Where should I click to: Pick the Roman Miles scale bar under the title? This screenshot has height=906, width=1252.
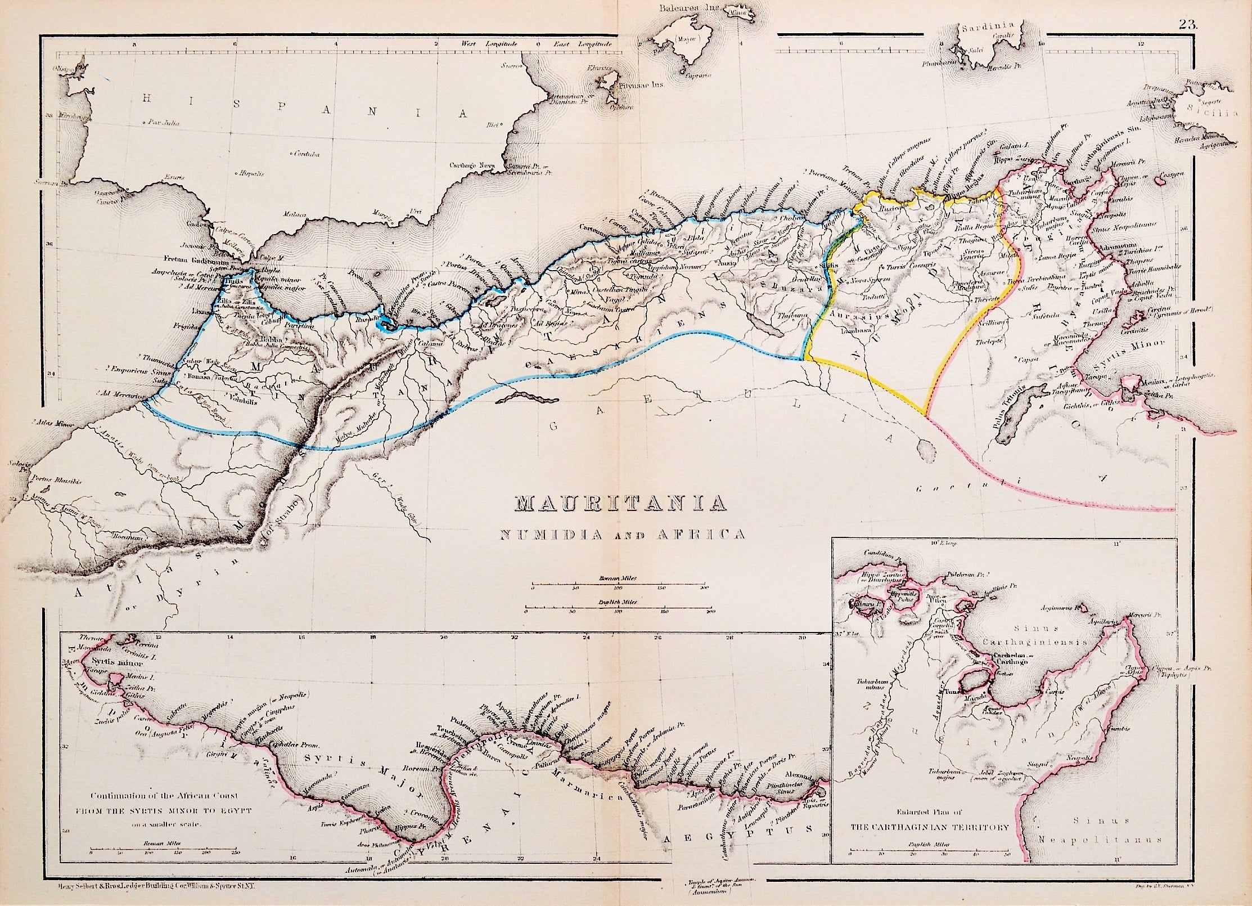pos(619,585)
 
